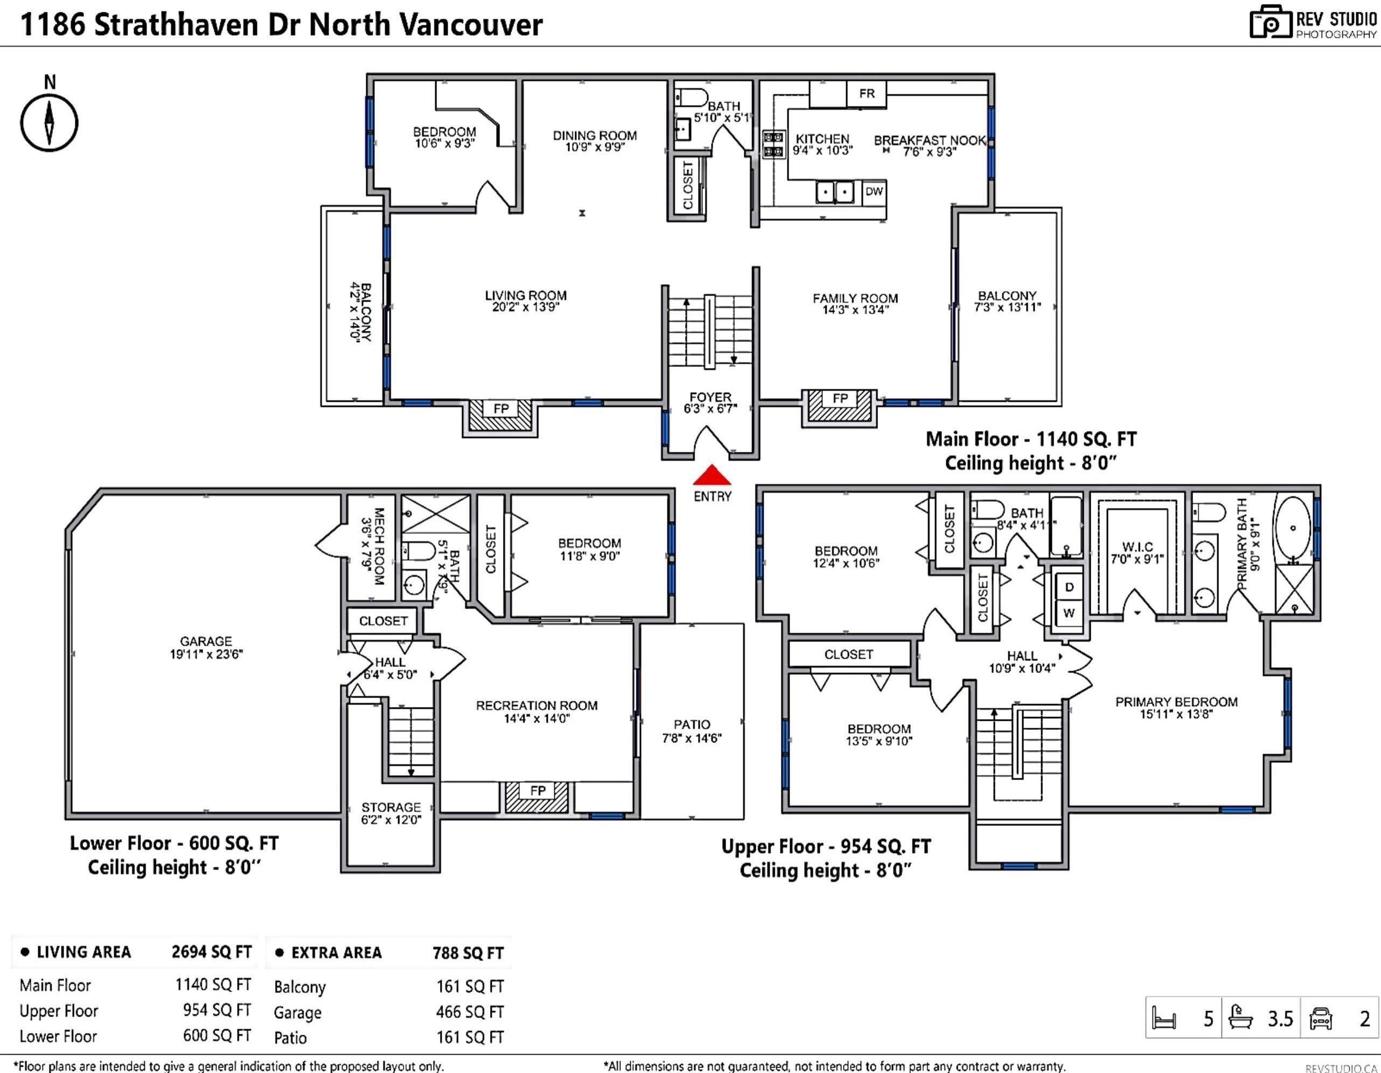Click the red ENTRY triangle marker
point(712,475)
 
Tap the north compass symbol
point(50,123)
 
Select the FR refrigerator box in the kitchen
point(866,94)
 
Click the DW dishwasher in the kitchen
point(874,192)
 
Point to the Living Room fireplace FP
point(501,415)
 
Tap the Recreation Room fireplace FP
point(538,797)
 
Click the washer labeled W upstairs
point(1069,612)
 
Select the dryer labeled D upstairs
point(1069,587)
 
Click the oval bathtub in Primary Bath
point(1293,527)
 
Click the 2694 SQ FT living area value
point(211,952)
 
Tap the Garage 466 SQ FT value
point(470,1012)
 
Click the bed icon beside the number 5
point(1164,1019)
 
